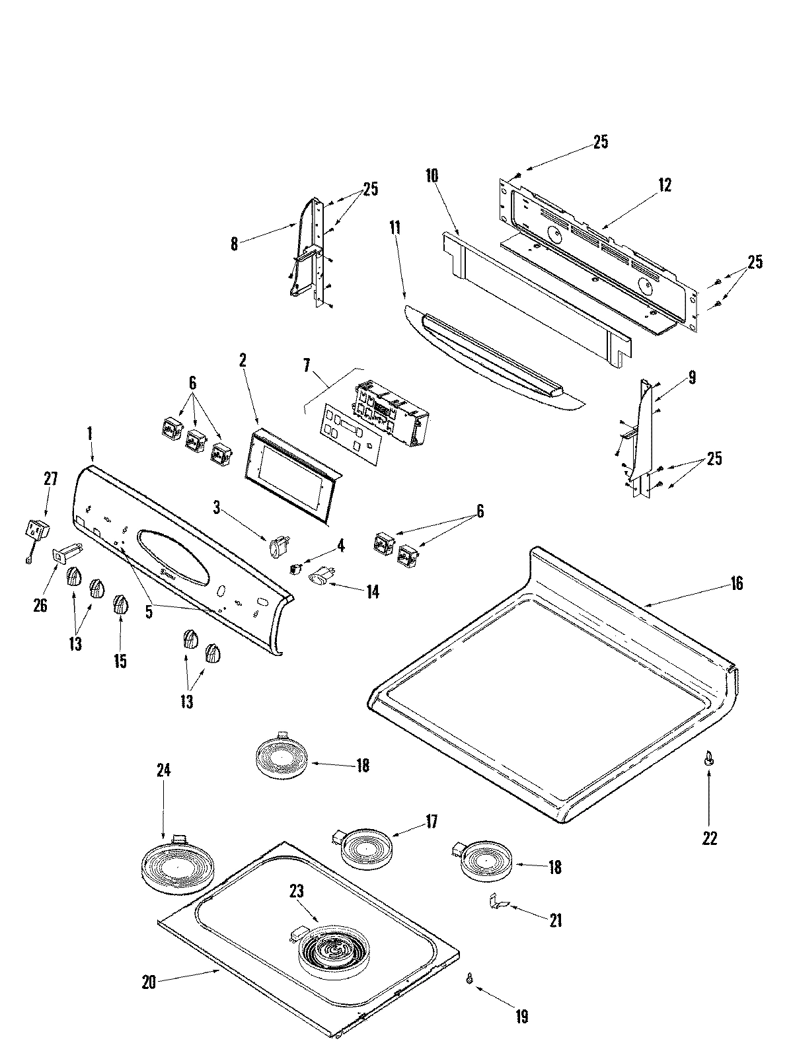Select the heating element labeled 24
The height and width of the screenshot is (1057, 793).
(x=174, y=864)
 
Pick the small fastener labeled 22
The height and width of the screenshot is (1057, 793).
(x=709, y=759)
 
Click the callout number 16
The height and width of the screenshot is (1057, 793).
(x=736, y=583)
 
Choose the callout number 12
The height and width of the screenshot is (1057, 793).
(x=664, y=185)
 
